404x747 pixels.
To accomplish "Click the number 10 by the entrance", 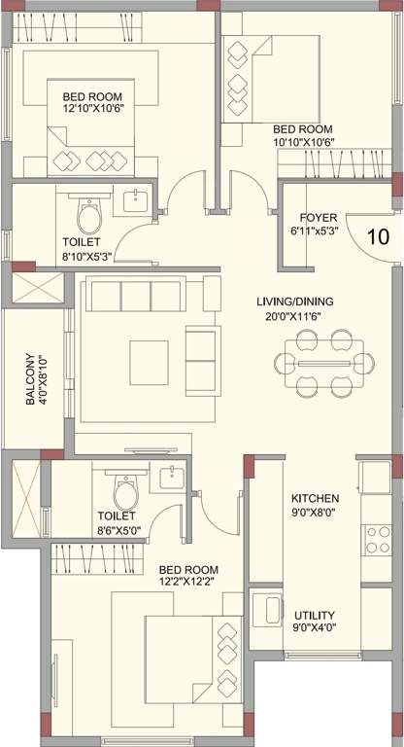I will click(378, 234).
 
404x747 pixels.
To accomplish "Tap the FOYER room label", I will click(317, 217).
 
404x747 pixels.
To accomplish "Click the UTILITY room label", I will click(315, 616).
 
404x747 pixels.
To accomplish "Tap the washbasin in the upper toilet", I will click(136, 202).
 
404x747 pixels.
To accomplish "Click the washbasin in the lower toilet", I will click(171, 478).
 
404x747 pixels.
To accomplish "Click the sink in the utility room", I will click(264, 612).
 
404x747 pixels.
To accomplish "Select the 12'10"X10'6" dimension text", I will click(94, 110).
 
